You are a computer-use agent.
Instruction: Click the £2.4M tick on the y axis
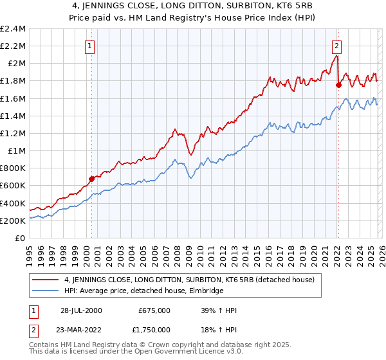[x=14, y=28]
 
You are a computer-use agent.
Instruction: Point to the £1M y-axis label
[x=16, y=151]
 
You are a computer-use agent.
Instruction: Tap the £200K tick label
[x=12, y=221]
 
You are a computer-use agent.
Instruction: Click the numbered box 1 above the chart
[x=89, y=46]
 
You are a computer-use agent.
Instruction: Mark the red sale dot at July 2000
[x=91, y=179]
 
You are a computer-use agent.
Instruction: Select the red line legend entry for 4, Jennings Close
[x=188, y=280]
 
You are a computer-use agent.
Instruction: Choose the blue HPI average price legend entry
[x=143, y=291]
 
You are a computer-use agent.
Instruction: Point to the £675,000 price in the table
[x=154, y=310]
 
